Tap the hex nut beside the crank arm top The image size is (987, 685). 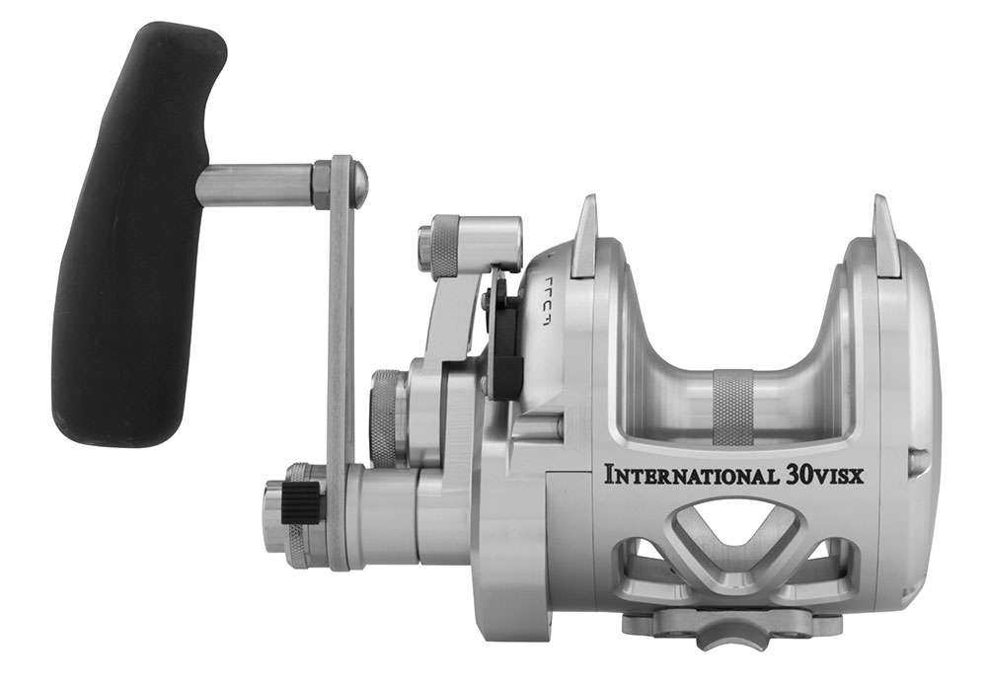pos(322,185)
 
